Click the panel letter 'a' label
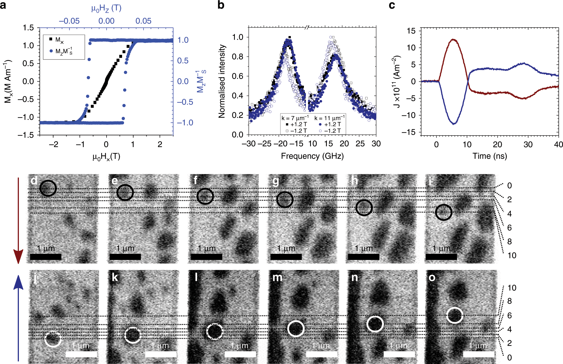tap(3, 5)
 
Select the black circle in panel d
tap(48, 188)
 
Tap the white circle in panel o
tap(454, 315)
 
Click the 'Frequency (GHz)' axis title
tap(312, 156)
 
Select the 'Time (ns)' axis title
tap(490, 156)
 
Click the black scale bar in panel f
tap(206, 257)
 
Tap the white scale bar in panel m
tap(321, 354)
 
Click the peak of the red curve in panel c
tap(453, 39)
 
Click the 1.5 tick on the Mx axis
tap(28, 28)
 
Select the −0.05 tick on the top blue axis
tap(69, 21)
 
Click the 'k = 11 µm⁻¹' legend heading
tap(329, 118)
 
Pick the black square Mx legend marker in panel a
tap(51, 39)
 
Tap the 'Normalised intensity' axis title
tap(222, 81)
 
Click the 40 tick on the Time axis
tap(558, 145)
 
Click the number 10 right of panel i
tap(512, 256)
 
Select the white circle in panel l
tap(215, 331)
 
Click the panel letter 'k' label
tap(115, 278)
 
